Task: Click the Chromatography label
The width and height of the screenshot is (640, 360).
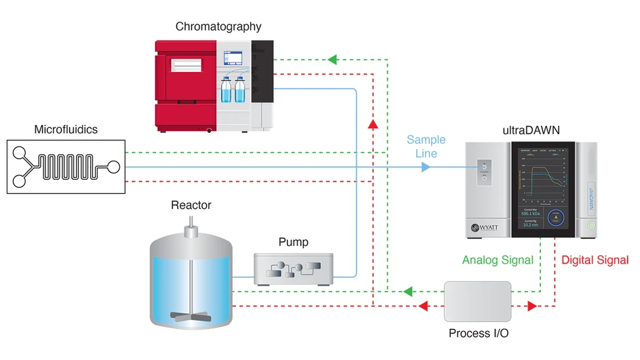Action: (x=218, y=27)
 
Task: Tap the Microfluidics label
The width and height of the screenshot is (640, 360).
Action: (x=66, y=129)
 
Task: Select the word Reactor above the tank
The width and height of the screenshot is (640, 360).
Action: (x=191, y=205)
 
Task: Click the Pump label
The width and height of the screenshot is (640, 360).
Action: (x=293, y=242)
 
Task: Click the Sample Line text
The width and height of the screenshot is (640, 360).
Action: (x=426, y=146)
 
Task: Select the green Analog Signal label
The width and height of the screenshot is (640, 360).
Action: (x=497, y=260)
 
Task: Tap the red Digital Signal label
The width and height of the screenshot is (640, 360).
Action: (x=595, y=260)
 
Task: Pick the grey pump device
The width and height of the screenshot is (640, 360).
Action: (x=293, y=267)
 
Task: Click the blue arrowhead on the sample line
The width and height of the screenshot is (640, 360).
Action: (x=425, y=166)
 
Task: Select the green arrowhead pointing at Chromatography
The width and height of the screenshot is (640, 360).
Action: (x=333, y=59)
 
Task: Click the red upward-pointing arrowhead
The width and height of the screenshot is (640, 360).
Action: (x=372, y=124)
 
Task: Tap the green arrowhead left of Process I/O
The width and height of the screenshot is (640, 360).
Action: (x=407, y=292)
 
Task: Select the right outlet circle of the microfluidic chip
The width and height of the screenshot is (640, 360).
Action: (x=113, y=166)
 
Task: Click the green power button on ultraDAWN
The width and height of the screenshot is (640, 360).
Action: (x=591, y=223)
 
